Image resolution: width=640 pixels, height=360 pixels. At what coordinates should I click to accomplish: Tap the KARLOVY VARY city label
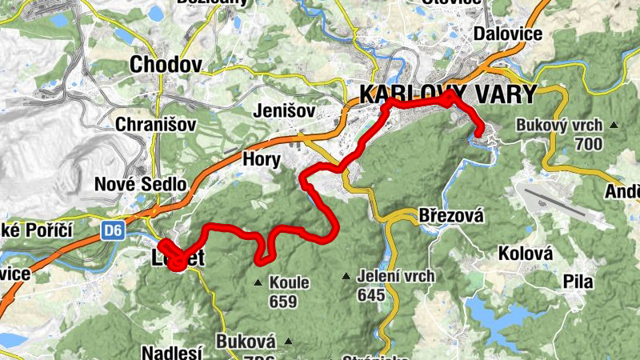(447, 94)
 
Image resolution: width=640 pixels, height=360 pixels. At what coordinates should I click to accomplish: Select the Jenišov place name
(283, 110)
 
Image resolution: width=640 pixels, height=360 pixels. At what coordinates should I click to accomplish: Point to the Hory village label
(262, 159)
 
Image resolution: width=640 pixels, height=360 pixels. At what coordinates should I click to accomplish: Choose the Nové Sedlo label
(140, 184)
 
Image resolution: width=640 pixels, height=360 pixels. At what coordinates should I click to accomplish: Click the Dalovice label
(508, 34)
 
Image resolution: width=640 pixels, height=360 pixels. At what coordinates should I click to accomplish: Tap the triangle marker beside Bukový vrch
(614, 125)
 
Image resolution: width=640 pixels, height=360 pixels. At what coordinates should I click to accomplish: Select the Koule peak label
(288, 282)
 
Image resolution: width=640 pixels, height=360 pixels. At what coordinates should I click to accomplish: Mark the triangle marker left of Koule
(257, 282)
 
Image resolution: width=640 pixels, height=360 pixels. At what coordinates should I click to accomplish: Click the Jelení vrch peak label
(398, 277)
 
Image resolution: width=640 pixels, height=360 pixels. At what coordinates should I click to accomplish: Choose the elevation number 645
(371, 295)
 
